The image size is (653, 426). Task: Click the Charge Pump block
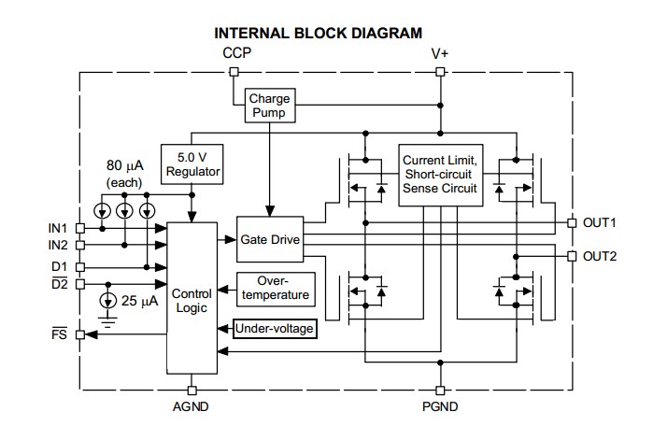click(x=270, y=106)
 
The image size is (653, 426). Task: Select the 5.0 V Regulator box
click(x=192, y=164)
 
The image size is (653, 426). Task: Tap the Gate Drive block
click(x=270, y=239)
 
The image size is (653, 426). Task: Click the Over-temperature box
click(x=276, y=290)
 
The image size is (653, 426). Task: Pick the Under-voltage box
click(x=275, y=329)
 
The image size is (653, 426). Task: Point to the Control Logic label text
click(x=192, y=300)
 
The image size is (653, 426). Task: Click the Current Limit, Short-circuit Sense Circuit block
click(x=441, y=175)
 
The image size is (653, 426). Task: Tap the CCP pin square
click(x=234, y=72)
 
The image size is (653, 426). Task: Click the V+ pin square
click(x=440, y=72)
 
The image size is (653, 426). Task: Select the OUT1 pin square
click(x=573, y=222)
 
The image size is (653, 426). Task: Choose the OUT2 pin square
click(x=573, y=256)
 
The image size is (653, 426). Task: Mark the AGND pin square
click(x=192, y=390)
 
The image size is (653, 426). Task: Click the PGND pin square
click(x=440, y=390)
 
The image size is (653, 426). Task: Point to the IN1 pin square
click(x=80, y=228)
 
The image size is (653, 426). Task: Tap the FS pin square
click(x=80, y=334)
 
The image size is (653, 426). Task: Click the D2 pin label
click(x=59, y=284)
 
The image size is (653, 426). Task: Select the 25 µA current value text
click(x=140, y=301)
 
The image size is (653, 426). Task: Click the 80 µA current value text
click(x=125, y=165)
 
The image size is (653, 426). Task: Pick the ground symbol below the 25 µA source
click(x=107, y=322)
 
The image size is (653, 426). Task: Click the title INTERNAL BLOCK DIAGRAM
click(x=319, y=34)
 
